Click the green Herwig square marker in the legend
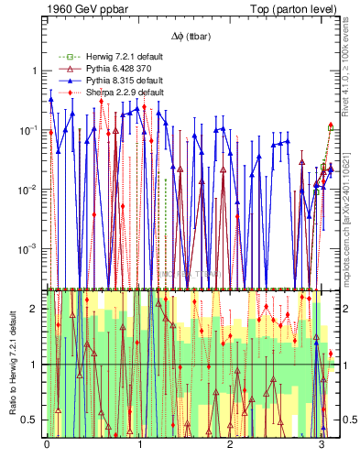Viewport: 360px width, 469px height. (x=64, y=56)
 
